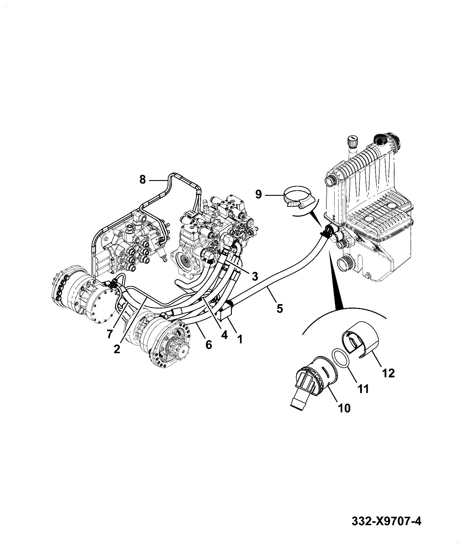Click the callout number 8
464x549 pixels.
(142, 180)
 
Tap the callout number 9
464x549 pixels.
(259, 194)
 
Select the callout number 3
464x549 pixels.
(255, 276)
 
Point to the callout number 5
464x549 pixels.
(279, 308)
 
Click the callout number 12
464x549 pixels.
(389, 373)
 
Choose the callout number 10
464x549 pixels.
(344, 408)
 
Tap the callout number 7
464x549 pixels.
(109, 334)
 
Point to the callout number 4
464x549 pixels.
(224, 335)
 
